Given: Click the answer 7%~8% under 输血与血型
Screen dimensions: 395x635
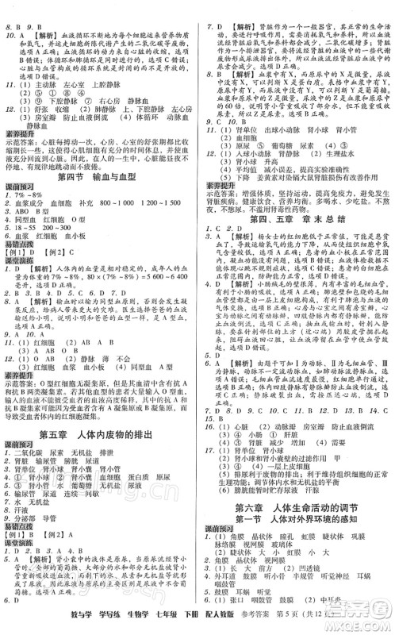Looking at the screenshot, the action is [34, 194].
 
